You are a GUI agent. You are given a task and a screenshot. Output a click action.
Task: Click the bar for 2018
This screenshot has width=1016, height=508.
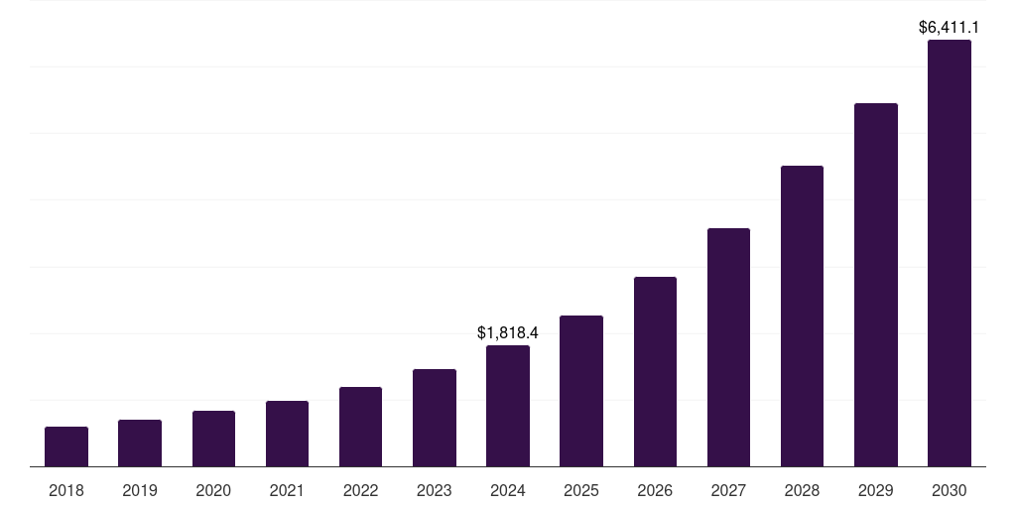coord(66,446)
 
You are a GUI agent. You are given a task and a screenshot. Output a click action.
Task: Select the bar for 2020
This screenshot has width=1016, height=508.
coord(213,439)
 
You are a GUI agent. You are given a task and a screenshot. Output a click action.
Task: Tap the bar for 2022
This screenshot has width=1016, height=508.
coord(360,427)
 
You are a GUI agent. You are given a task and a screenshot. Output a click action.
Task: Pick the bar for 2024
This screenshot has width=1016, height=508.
coord(508,406)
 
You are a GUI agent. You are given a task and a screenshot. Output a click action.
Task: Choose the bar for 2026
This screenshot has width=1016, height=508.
coord(655,372)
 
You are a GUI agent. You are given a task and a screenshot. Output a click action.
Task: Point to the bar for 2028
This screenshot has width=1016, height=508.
coord(802,316)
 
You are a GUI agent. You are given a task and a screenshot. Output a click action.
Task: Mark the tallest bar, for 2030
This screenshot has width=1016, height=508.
coord(949,253)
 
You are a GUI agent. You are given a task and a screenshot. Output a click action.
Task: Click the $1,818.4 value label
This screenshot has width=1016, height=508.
coord(508,332)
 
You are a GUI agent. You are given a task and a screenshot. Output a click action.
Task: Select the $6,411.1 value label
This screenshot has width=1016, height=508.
coord(950,27)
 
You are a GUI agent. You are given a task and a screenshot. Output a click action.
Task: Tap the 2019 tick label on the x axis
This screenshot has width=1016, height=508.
coord(140,490)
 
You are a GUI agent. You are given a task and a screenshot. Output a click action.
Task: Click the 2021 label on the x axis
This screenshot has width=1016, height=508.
coord(287,490)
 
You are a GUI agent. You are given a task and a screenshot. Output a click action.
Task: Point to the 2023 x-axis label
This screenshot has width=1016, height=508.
coord(434,490)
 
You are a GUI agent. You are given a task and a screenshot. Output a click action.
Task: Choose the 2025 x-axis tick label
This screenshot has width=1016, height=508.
coord(581,490)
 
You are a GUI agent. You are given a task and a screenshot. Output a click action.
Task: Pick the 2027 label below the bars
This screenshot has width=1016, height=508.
coord(728,490)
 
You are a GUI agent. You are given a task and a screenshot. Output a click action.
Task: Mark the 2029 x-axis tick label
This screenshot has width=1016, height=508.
coord(875,490)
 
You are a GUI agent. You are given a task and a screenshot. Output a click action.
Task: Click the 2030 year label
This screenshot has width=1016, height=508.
coord(949,490)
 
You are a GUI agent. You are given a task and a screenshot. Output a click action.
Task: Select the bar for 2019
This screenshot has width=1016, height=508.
coord(140,444)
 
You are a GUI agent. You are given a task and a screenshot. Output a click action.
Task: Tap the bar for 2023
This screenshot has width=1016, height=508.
coord(434,418)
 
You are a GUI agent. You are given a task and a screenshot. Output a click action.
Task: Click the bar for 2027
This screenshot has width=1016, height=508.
coord(728,347)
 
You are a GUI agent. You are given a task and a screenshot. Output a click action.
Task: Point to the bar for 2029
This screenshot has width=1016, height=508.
coord(875,285)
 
